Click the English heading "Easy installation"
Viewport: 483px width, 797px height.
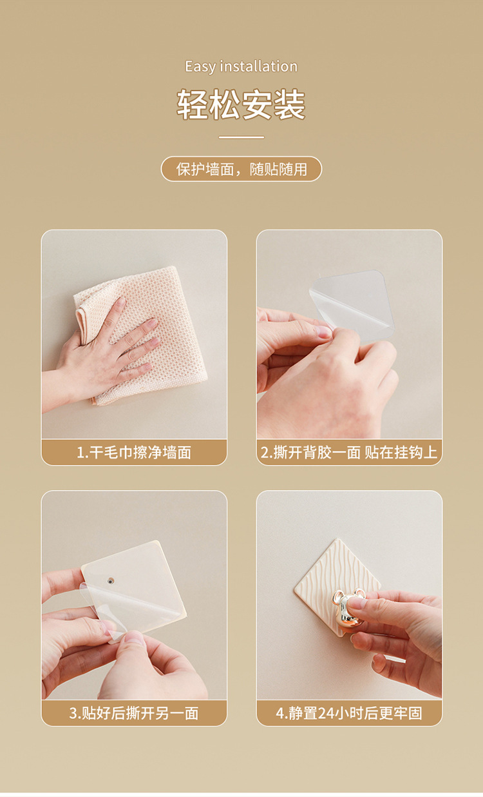click(241, 67)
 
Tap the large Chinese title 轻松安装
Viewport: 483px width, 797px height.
click(241, 104)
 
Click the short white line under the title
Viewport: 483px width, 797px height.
click(241, 137)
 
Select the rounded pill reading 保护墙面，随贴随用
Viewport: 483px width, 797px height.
click(241, 169)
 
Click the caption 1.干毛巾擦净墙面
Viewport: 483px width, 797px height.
click(134, 452)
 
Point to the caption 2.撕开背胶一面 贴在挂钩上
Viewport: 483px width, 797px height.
click(349, 452)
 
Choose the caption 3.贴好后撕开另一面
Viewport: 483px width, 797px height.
click(134, 713)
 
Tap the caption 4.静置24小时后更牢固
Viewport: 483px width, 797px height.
click(349, 713)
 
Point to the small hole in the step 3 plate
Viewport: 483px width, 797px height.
click(111, 581)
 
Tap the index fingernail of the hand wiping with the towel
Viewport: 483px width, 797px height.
click(120, 302)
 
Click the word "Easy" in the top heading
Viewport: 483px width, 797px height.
click(200, 67)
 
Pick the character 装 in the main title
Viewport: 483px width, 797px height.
click(290, 104)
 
